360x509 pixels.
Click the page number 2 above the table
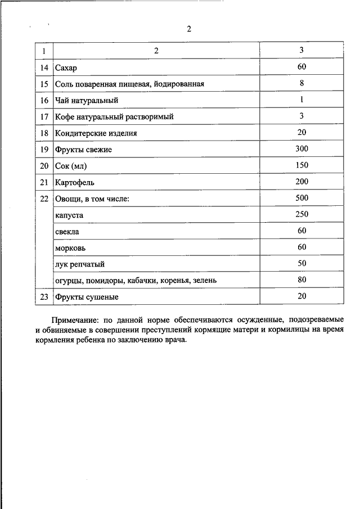coord(189,30)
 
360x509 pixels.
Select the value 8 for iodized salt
coord(301,83)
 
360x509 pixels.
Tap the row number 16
coord(44,100)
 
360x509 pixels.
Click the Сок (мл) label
coord(71,166)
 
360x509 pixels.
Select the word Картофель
coord(75,182)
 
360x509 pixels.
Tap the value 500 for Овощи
coord(301,198)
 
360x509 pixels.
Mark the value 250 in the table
coord(301,214)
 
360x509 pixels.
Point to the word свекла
coord(67,231)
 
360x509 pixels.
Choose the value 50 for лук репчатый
coord(301,263)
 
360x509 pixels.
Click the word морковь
coord(70,247)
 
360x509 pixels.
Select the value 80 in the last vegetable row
coord(301,279)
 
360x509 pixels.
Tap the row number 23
coord(44,296)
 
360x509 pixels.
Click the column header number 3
coord(301,51)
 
